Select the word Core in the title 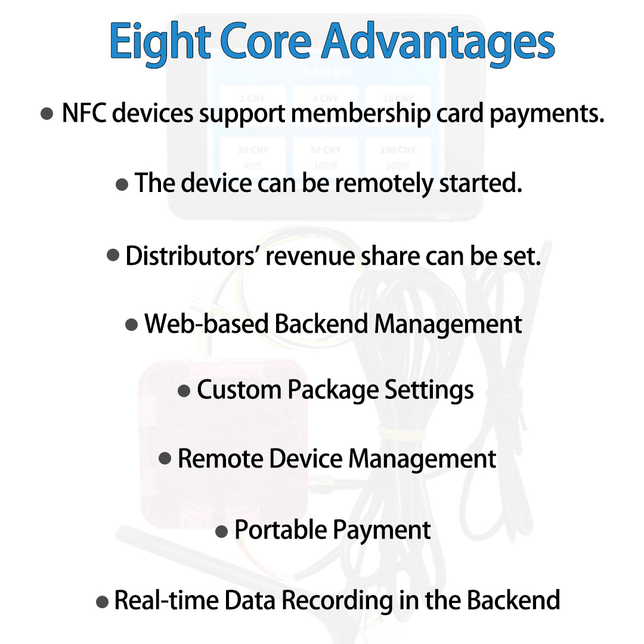coord(266,43)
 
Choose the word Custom coord(239,391)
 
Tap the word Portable coord(280,530)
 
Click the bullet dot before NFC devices coord(47,114)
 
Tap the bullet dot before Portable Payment coord(221,532)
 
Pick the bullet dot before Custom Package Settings coord(184,392)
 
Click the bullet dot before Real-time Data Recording coord(102,602)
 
